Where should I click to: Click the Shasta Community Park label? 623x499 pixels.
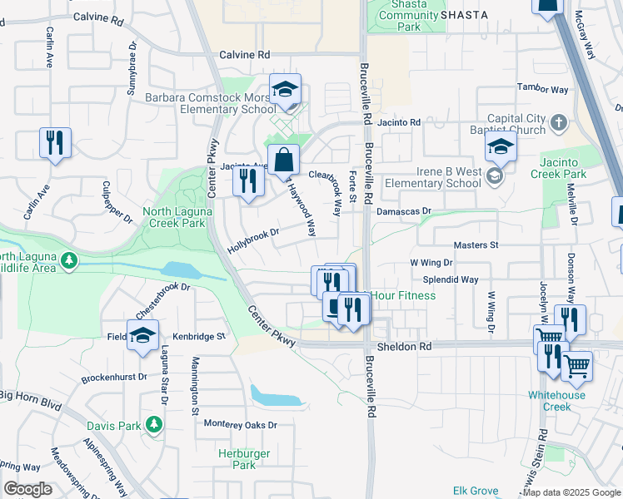[x=408, y=16]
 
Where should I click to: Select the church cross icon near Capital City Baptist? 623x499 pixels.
[x=558, y=123]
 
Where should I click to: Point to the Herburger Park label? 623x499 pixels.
[x=237, y=460]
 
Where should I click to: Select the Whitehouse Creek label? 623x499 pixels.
[x=556, y=401]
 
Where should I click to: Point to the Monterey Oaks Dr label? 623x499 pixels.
[x=240, y=425]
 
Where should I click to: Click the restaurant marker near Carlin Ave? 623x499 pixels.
[x=56, y=142]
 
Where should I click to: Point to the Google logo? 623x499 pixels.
[x=27, y=489]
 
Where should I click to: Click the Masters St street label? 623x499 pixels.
[x=476, y=245]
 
